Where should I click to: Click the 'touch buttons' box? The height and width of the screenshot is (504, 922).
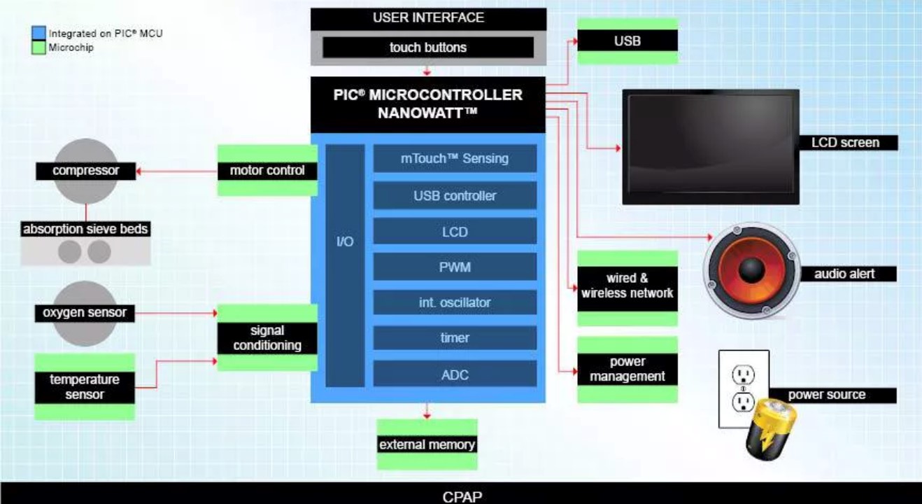tap(427, 48)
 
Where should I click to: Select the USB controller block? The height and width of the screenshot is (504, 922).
tap(455, 195)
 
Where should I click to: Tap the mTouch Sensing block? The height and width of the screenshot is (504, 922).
tap(455, 158)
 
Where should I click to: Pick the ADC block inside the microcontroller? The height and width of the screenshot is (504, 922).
tap(455, 374)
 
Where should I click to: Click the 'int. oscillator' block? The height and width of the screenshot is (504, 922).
tap(455, 302)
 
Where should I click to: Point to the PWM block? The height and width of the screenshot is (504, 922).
tap(455, 267)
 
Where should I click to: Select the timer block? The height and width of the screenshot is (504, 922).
tap(455, 337)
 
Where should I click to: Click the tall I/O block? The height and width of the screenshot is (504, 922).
tap(346, 265)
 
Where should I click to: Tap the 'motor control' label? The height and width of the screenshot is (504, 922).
tap(267, 170)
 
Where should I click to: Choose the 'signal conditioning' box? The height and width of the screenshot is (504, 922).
tap(267, 337)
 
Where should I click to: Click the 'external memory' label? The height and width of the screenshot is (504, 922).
tap(427, 444)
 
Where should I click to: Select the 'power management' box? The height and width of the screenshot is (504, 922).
tap(627, 369)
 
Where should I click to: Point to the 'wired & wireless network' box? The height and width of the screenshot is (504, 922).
tap(627, 286)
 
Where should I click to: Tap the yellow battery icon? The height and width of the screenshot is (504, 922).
tap(765, 430)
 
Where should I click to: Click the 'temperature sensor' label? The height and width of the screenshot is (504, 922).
tap(85, 386)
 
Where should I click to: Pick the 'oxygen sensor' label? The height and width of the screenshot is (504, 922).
tap(85, 313)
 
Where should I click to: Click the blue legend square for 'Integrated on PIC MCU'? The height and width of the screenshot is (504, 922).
tap(38, 33)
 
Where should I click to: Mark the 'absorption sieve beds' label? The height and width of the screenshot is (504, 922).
tap(85, 230)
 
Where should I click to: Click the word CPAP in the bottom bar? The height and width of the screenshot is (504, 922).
tap(462, 497)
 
